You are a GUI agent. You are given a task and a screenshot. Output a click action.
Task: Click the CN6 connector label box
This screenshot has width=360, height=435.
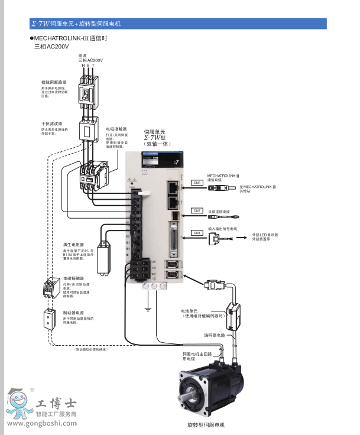[197, 183]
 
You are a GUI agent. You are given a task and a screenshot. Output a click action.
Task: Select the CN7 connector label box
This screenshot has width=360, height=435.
[197, 210]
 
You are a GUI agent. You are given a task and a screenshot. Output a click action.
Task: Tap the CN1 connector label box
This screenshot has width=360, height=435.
[197, 233]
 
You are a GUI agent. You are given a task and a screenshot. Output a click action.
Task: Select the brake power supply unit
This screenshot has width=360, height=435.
[48, 320]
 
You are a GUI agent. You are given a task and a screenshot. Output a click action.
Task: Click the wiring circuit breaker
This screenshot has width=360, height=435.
[88, 93]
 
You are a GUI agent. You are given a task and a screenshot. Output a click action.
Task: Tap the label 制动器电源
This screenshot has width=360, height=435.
[73, 312]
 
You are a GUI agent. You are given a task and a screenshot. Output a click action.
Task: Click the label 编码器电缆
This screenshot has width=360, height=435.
[215, 335]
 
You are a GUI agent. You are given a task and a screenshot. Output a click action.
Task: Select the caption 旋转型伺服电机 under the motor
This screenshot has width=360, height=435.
[206, 425]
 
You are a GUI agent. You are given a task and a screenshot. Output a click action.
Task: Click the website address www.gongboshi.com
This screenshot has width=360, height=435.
[41, 423]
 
